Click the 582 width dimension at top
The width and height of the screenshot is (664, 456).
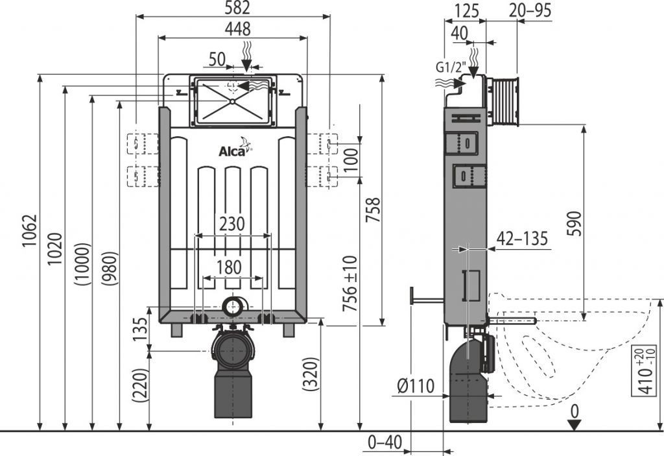[232, 8]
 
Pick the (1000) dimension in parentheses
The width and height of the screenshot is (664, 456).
[82, 264]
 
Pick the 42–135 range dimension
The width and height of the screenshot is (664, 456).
[522, 239]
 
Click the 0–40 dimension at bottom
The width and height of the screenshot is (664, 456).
[385, 442]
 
